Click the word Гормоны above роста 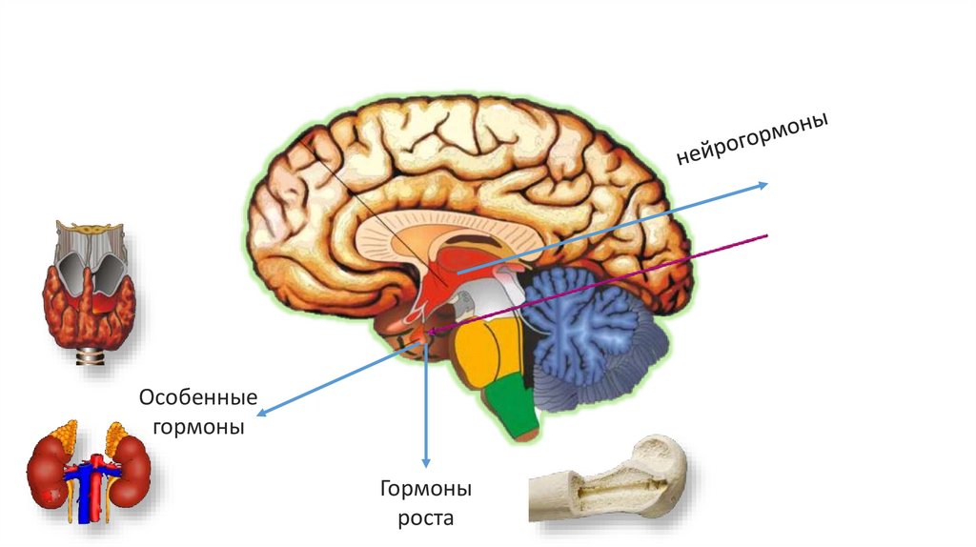[x=426, y=490]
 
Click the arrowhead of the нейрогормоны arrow [x=762, y=186]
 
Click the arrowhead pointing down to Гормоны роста [x=426, y=459]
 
